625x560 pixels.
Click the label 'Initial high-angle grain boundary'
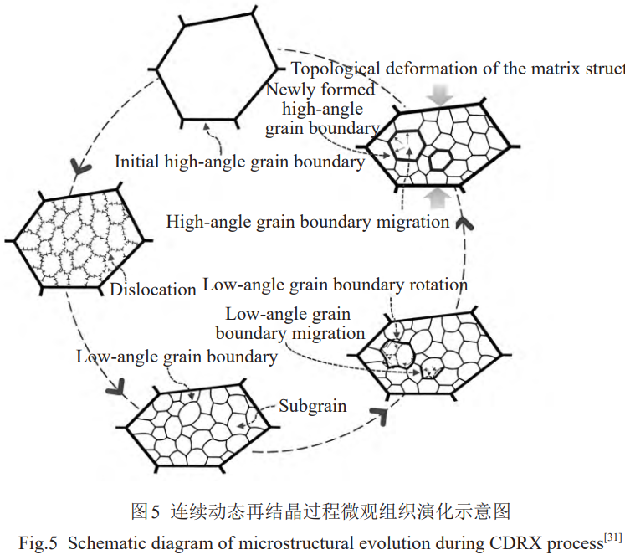[x=239, y=162]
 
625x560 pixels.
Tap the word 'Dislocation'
[x=153, y=290]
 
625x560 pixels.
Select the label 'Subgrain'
[x=312, y=406]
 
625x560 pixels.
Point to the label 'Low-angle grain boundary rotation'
[x=335, y=285]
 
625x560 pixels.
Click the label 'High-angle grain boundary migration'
[x=308, y=222]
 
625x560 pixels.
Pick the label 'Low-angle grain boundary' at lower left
[x=177, y=357]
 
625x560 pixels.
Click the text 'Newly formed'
[x=320, y=90]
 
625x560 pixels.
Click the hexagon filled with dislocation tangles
[x=79, y=240]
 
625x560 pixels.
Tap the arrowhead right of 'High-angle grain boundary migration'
[x=466, y=222]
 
